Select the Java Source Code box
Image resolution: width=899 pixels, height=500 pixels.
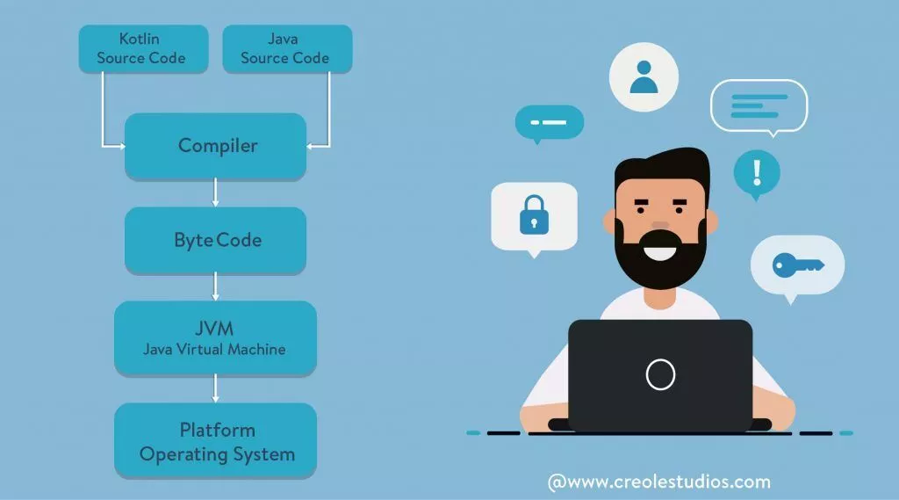coord(286,48)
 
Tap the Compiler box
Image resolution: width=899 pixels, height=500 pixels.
coord(216,145)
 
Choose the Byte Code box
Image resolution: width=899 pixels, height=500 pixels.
coord(216,239)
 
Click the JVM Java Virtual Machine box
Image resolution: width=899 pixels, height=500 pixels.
coord(215,337)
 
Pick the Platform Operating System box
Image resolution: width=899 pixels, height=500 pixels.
coord(216,441)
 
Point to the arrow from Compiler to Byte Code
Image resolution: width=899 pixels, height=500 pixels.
coord(216,192)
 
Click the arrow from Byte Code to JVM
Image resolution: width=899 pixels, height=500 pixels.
coord(216,286)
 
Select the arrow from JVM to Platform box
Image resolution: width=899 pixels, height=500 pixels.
coord(216,388)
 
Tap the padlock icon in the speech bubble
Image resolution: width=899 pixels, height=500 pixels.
coord(533,214)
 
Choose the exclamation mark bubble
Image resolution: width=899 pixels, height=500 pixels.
coord(756,170)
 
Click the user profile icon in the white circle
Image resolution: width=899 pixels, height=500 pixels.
coord(644,77)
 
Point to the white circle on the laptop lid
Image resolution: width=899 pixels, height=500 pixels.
coord(660,375)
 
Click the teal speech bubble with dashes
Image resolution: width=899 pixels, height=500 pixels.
coord(550,122)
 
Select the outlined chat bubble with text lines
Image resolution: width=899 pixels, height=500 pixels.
coord(758,105)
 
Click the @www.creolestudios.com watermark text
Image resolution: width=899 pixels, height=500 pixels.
coord(658,482)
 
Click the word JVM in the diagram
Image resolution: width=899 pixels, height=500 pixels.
coord(215,329)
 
